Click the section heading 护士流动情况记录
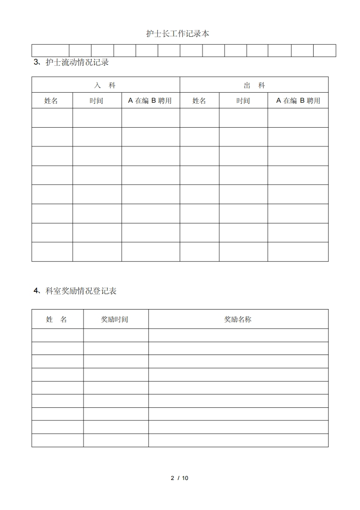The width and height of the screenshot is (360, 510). [77, 63]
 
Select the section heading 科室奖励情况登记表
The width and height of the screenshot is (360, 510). [81, 291]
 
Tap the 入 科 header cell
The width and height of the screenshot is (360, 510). [105, 85]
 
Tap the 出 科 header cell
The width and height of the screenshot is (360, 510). [254, 85]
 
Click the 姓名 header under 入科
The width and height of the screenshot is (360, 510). [51, 101]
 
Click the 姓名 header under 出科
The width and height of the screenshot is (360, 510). [200, 101]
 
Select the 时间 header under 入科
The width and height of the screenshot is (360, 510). [96, 101]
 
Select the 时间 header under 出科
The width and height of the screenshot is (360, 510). [243, 101]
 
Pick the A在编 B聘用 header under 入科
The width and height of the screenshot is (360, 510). [150, 101]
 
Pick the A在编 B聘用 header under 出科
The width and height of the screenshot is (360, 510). [298, 101]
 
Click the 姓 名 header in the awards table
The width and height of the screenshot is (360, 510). [57, 320]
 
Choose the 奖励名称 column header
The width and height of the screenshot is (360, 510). [238, 320]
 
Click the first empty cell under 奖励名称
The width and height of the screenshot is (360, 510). [238, 335]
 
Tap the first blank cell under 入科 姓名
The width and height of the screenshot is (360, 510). [52, 118]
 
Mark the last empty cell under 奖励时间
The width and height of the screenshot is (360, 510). [115, 440]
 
